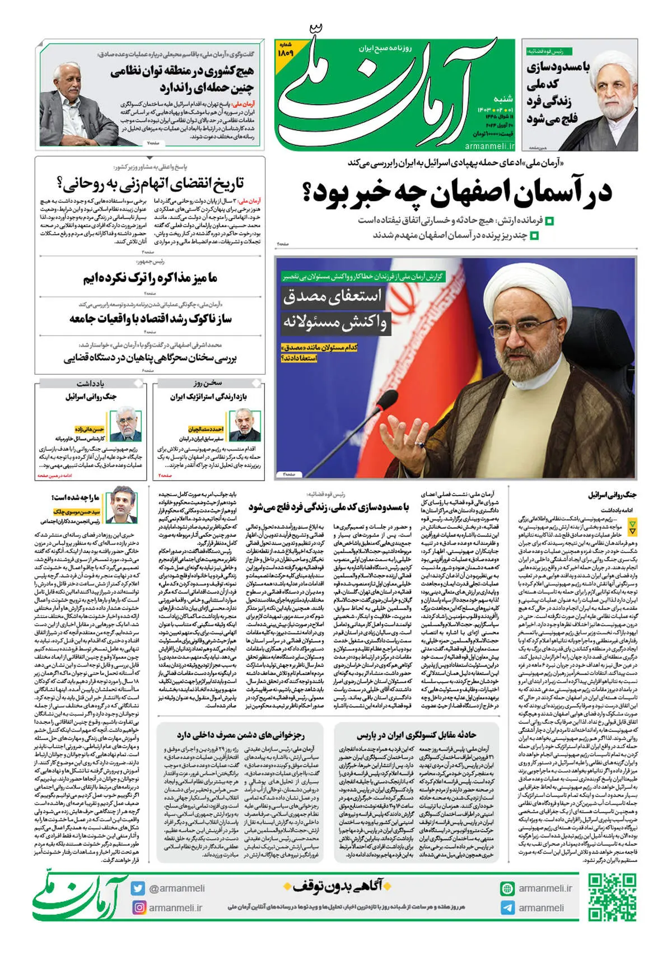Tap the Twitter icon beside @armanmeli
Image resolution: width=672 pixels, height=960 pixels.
click(x=138, y=888)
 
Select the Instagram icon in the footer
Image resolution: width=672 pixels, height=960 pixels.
click(x=138, y=907)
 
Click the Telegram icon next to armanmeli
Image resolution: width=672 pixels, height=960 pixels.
click(x=507, y=908)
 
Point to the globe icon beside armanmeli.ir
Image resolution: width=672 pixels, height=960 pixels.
click(x=507, y=888)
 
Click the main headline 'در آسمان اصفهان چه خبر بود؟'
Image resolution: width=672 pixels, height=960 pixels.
click(x=456, y=192)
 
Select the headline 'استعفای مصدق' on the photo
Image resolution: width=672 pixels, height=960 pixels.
click(x=332, y=296)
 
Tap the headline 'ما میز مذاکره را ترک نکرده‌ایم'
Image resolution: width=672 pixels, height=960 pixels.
click(x=150, y=278)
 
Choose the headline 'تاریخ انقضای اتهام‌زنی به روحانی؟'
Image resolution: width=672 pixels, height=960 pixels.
click(x=150, y=183)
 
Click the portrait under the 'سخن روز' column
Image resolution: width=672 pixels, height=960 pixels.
click(x=245, y=426)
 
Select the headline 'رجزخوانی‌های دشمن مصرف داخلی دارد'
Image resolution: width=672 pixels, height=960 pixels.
click(x=241, y=735)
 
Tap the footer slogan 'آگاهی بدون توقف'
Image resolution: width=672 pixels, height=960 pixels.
click(x=336, y=886)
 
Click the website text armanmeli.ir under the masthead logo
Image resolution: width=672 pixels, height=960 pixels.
click(x=489, y=146)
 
